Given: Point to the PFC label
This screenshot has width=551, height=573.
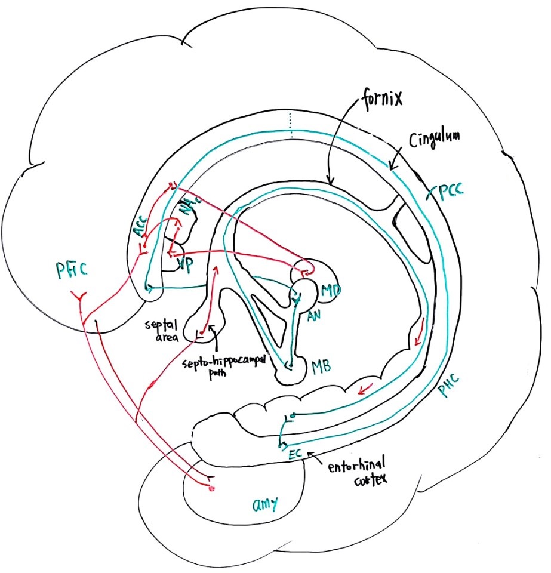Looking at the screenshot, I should pyautogui.click(x=72, y=270).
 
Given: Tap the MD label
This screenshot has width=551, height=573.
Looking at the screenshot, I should pyautogui.click(x=331, y=291).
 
